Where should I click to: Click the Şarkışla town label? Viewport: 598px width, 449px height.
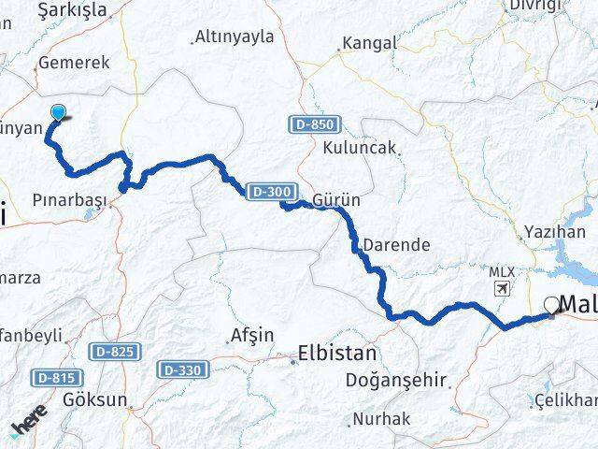point(70,10)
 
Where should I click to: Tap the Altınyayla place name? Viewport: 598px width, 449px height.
point(234,37)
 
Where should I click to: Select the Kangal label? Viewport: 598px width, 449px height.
point(371,43)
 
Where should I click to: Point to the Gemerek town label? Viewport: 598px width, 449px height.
point(73,64)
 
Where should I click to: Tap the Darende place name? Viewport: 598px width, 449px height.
point(396,245)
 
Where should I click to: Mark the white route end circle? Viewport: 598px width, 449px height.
point(550,304)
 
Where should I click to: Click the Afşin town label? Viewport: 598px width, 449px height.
point(251,335)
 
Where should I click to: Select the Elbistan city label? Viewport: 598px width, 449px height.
point(336,354)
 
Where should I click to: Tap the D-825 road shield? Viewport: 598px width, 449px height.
point(117,351)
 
